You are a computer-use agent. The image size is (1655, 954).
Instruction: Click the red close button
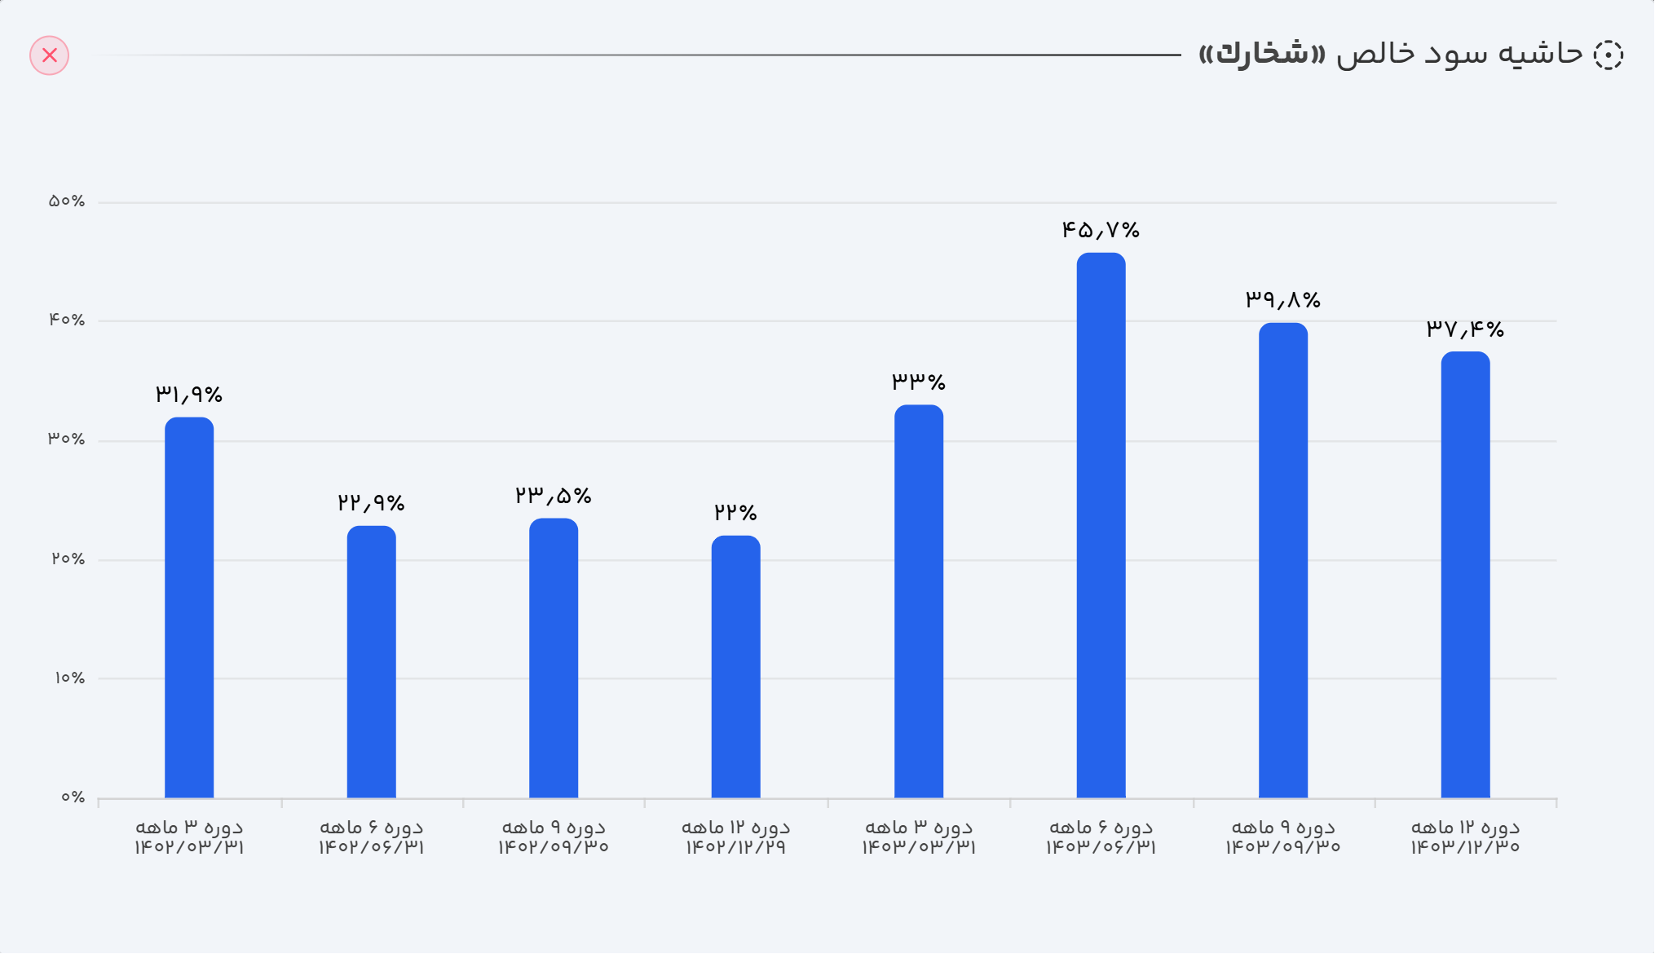pyautogui.click(x=50, y=55)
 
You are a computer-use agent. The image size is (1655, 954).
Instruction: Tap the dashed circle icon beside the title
pyautogui.click(x=1608, y=55)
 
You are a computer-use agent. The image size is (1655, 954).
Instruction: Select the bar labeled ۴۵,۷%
pyautogui.click(x=1101, y=526)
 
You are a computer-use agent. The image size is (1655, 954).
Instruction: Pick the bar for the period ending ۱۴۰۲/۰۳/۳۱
pyautogui.click(x=189, y=607)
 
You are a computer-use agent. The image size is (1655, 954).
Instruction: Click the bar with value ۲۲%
pyautogui.click(x=735, y=667)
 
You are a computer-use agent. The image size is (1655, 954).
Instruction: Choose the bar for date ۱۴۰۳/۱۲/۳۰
pyautogui.click(x=1465, y=575)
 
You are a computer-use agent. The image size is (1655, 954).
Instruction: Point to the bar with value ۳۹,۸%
pyautogui.click(x=1282, y=561)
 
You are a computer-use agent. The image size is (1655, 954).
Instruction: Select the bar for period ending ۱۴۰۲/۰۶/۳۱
pyautogui.click(x=371, y=662)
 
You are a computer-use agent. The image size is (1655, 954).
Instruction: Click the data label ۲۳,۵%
pyautogui.click(x=553, y=496)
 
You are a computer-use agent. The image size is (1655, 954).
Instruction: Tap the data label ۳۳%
pyautogui.click(x=918, y=381)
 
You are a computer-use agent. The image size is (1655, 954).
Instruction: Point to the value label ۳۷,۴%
pyautogui.click(x=1464, y=329)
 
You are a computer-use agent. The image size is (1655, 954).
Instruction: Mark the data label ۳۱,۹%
pyautogui.click(x=189, y=395)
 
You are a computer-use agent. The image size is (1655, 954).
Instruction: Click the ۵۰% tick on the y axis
pyautogui.click(x=67, y=201)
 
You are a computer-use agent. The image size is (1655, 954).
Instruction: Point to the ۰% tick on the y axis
pyautogui.click(x=73, y=797)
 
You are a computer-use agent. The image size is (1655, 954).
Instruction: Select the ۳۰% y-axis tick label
pyautogui.click(x=67, y=439)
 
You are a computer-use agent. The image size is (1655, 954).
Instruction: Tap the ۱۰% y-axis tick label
pyautogui.click(x=69, y=678)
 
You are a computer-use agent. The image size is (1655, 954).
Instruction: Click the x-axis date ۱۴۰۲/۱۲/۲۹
pyautogui.click(x=735, y=847)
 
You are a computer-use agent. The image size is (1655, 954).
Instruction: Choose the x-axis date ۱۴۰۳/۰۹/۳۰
pyautogui.click(x=1282, y=847)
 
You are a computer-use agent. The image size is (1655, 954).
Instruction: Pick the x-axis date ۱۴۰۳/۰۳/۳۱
pyautogui.click(x=918, y=847)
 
